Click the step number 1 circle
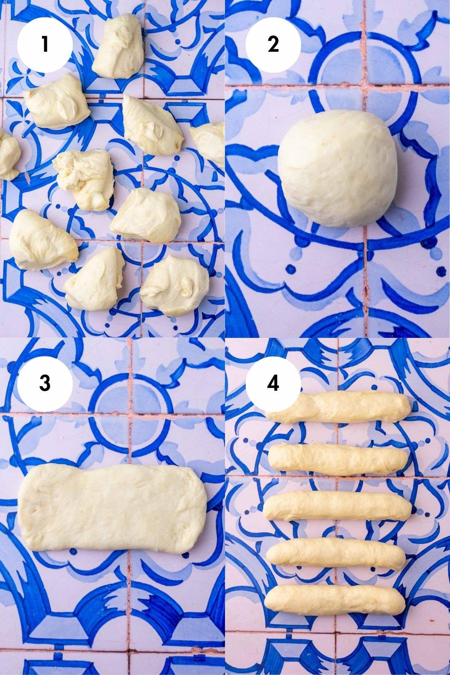(x=45, y=44)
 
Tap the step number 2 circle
(x=273, y=44)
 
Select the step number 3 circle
(x=45, y=383)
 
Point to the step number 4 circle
(x=273, y=383)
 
